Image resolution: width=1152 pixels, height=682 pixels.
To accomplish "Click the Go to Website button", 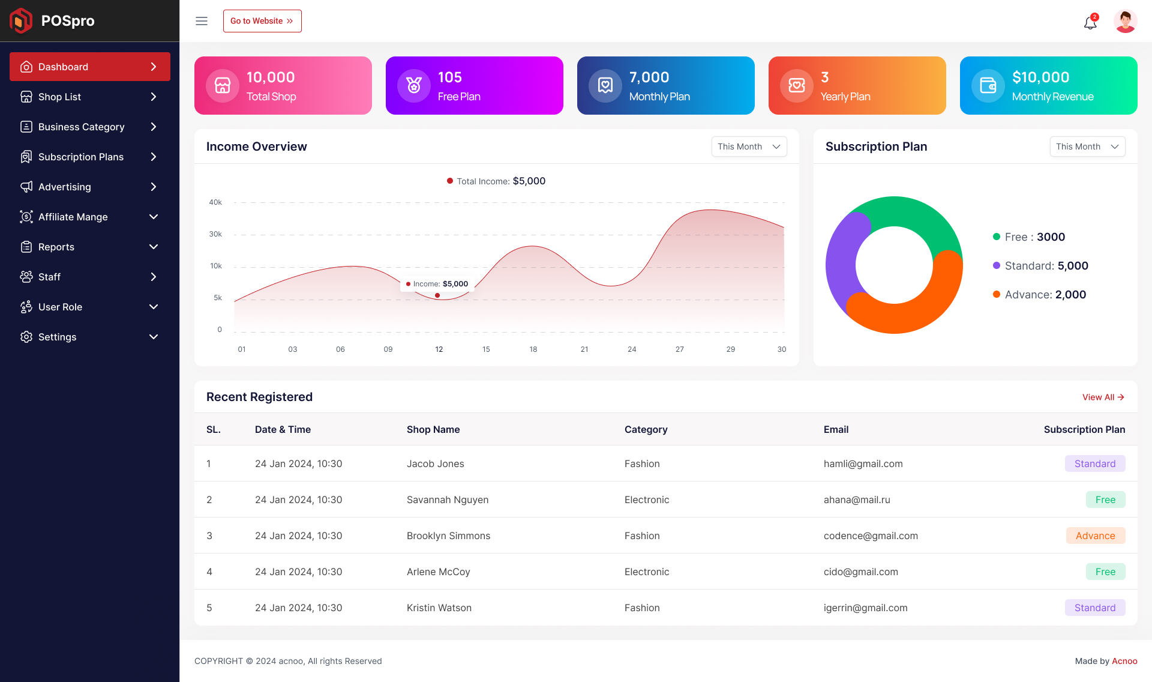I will click(x=262, y=21).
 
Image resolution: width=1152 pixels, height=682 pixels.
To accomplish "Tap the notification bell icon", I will click(x=1090, y=23).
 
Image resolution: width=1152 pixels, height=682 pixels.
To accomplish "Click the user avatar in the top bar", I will click(x=1125, y=22).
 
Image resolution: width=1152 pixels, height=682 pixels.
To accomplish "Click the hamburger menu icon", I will click(x=202, y=21).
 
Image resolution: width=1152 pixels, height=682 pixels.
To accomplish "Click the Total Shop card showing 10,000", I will click(x=283, y=85).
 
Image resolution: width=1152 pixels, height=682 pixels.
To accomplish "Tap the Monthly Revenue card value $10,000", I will click(x=1040, y=77).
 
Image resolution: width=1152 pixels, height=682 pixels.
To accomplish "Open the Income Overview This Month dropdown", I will click(x=749, y=146).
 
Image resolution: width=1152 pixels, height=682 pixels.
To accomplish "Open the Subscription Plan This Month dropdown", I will click(x=1087, y=146).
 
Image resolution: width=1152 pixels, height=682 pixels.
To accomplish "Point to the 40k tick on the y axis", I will click(x=215, y=202).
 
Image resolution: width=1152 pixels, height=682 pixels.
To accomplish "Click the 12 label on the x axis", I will click(x=439, y=349).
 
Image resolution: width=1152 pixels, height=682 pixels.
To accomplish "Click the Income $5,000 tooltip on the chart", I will click(x=437, y=284).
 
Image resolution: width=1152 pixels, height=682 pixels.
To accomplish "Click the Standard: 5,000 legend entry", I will click(x=1040, y=266).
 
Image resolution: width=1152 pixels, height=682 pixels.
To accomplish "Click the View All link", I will click(x=1103, y=397).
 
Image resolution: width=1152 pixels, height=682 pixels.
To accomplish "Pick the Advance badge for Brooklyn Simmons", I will click(x=1095, y=536).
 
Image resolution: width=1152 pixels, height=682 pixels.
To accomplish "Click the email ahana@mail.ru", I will click(x=857, y=499).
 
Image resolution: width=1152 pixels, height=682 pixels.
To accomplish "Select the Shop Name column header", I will click(x=433, y=429).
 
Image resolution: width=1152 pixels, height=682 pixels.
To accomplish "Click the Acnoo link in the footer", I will click(x=1124, y=661).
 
